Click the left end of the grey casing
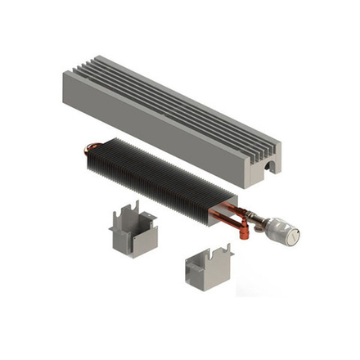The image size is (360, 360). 69,82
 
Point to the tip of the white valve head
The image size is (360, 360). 299,236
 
